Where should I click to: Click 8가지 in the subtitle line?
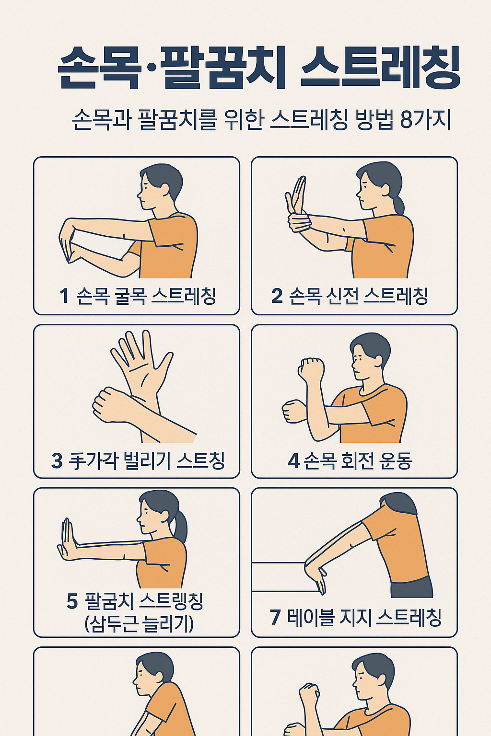tap(426, 120)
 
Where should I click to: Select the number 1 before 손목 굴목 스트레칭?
tap(64, 296)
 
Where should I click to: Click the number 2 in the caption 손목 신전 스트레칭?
tap(277, 296)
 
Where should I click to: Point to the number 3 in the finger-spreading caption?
tap(57, 461)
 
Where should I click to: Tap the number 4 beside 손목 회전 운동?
tap(293, 461)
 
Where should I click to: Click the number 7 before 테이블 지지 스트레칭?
tap(275, 617)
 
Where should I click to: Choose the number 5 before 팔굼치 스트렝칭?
tap(72, 601)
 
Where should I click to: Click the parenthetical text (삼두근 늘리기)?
tap(139, 624)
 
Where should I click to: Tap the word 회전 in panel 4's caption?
tap(357, 461)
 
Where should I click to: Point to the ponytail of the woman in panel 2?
tap(398, 204)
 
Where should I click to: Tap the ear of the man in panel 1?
tap(164, 189)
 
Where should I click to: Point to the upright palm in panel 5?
tap(68, 539)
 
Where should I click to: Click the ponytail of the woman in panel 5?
tap(180, 527)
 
